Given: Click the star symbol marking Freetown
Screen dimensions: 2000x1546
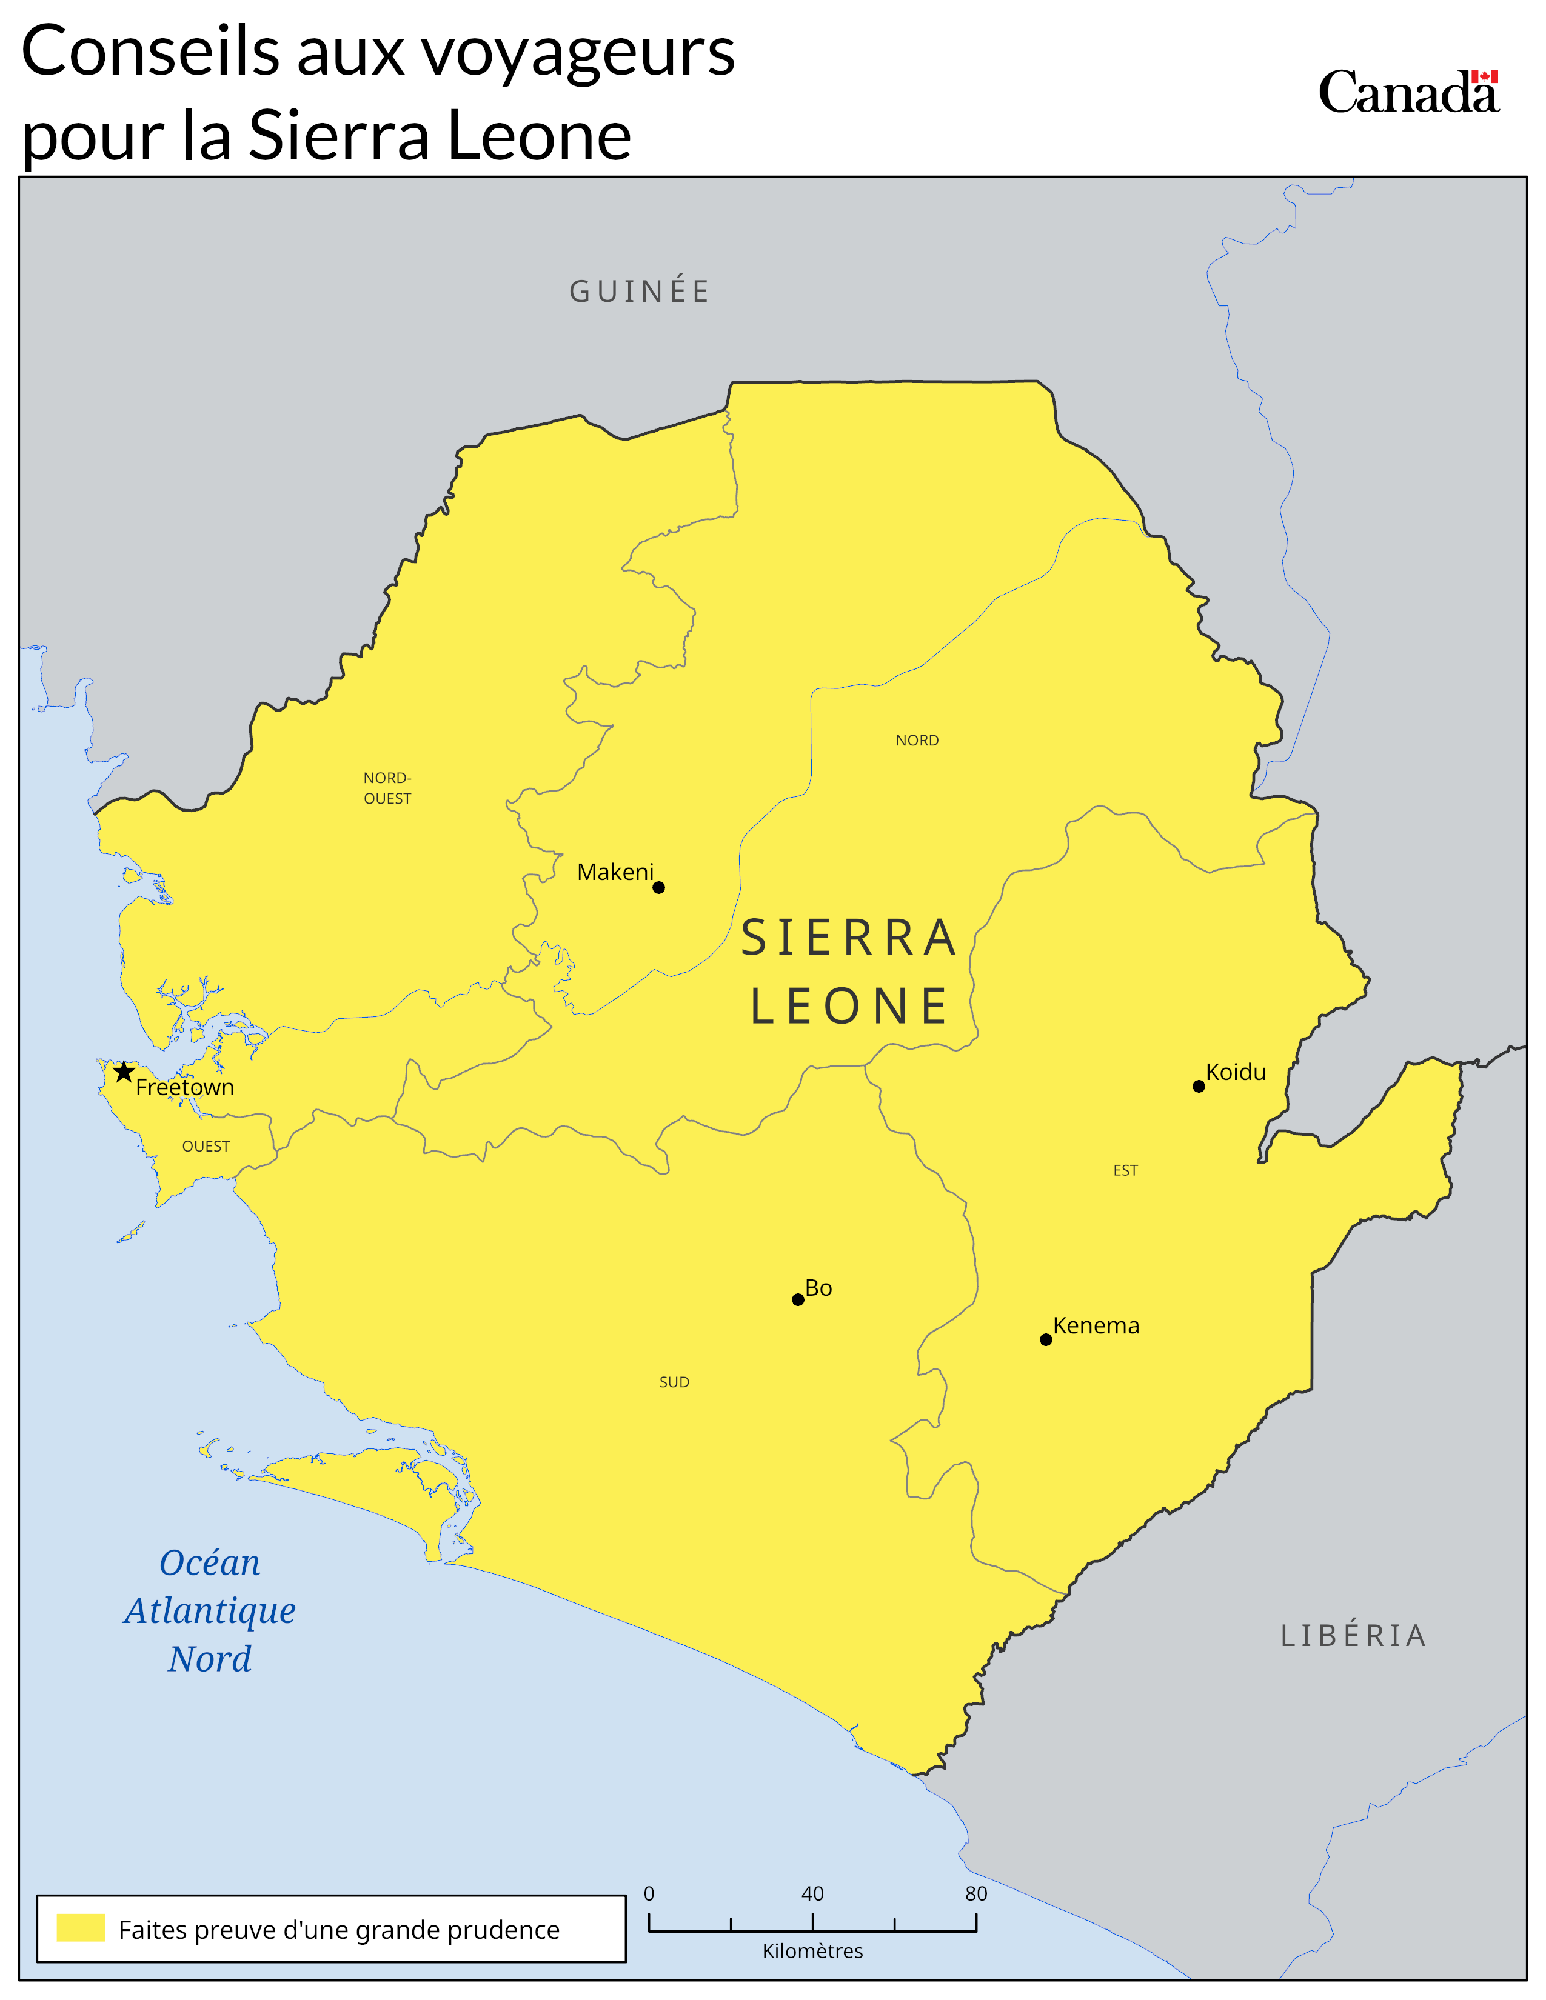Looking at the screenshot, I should pyautogui.click(x=124, y=1072).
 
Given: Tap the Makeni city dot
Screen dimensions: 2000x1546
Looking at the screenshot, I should pyautogui.click(x=658, y=887).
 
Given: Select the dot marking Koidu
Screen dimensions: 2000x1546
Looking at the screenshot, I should pyautogui.click(x=1198, y=1086).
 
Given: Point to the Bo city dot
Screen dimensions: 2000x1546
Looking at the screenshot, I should pyautogui.click(x=798, y=1299).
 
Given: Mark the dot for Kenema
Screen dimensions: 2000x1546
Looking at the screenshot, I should pyautogui.click(x=1046, y=1340).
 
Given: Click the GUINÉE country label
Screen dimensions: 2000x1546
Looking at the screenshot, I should pyautogui.click(x=639, y=291).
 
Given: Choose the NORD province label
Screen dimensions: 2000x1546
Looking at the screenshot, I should pyautogui.click(x=917, y=740).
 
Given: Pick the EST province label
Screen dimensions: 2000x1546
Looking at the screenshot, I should pyautogui.click(x=1126, y=1170).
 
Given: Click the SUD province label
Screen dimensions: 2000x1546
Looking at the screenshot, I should pyautogui.click(x=674, y=1382).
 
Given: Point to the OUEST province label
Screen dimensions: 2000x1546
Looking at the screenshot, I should pyautogui.click(x=206, y=1147).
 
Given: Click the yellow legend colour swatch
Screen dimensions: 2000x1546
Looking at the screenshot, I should pyautogui.click(x=81, y=1928).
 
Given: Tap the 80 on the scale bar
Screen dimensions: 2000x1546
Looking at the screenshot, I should pyautogui.click(x=975, y=1894).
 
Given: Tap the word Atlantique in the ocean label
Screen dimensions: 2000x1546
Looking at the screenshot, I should pyautogui.click(x=210, y=1611).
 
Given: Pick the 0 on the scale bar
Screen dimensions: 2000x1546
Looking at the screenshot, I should pyautogui.click(x=649, y=1894).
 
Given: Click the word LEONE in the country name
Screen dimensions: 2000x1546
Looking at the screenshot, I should pyautogui.click(x=849, y=1007).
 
